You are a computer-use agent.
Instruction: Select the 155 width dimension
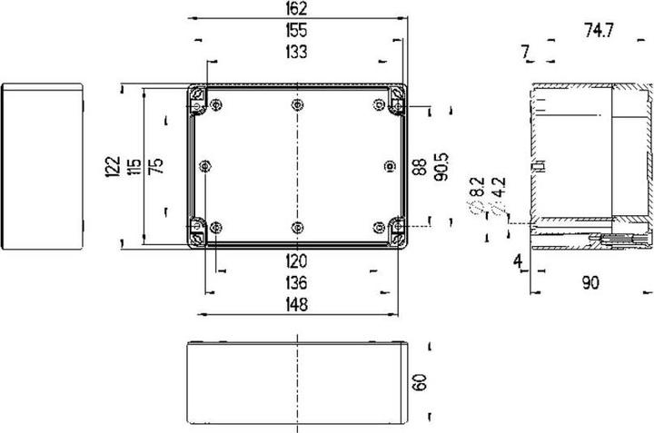295,32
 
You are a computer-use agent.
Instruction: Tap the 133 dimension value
295,53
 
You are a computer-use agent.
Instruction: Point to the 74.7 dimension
599,31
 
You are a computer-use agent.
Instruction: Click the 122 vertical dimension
113,166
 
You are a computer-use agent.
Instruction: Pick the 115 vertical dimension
134,166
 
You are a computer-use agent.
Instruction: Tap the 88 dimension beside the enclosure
420,166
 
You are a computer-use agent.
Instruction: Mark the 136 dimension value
295,282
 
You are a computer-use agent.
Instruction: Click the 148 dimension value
295,304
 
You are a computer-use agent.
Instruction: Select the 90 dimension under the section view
590,284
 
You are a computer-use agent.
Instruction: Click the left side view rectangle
43,165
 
